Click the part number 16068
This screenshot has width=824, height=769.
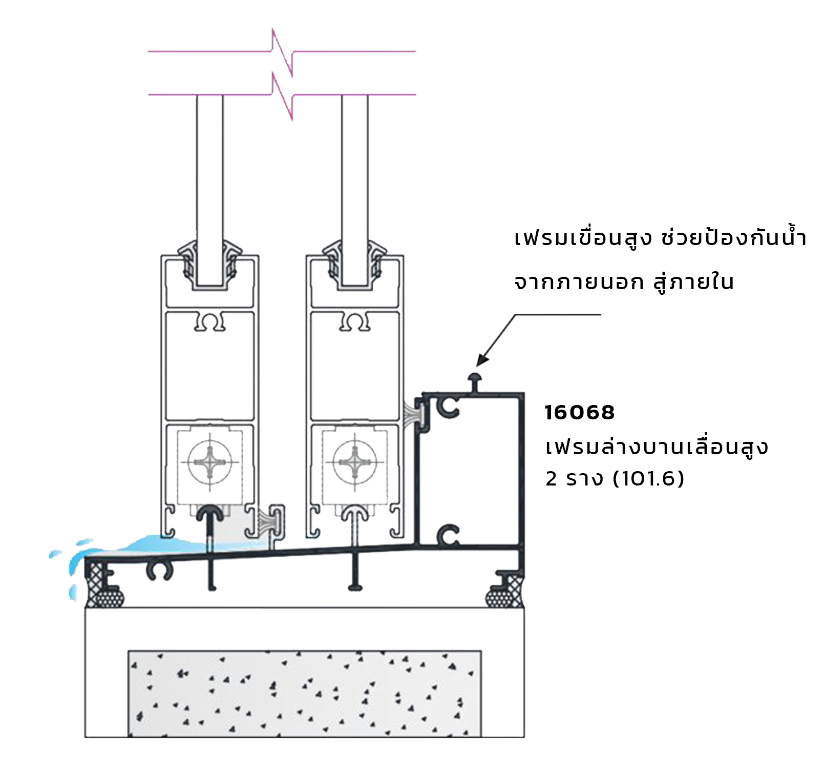(579, 413)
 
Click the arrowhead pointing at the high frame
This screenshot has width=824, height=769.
(482, 359)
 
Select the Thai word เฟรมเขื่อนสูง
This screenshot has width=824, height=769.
(583, 238)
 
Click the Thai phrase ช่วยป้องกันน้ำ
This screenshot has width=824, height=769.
(733, 237)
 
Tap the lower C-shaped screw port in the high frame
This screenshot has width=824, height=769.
(448, 536)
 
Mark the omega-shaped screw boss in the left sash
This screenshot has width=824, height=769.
(210, 322)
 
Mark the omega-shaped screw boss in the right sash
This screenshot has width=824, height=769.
(355, 322)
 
